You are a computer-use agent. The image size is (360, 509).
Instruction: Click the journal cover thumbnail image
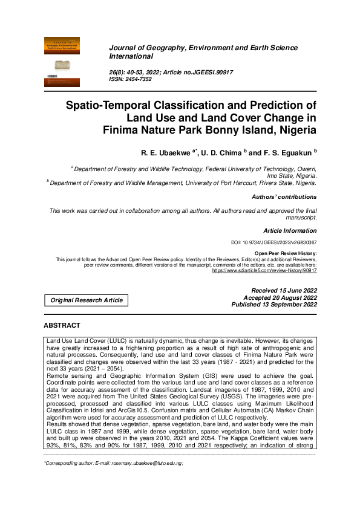tap(62, 61)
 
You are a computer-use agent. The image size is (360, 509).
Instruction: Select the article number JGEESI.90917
tap(204, 72)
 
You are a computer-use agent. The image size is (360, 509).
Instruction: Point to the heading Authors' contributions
tap(284, 196)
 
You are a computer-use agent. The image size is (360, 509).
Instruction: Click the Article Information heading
tap(290, 230)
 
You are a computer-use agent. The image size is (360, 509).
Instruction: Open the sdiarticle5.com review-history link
tap(264, 270)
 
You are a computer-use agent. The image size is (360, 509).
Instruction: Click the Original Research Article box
tap(87, 300)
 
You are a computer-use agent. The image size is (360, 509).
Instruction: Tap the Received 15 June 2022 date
tap(280, 291)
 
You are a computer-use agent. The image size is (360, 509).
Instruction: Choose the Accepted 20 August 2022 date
tap(280, 298)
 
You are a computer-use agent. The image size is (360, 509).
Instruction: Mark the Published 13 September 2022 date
tap(274, 305)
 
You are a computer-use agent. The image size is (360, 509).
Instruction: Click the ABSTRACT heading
tap(62, 325)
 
